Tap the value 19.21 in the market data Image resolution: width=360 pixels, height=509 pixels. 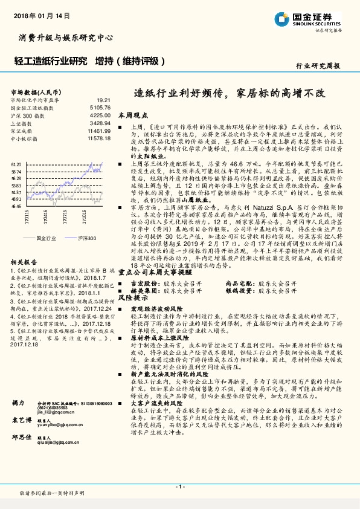tap(104, 100)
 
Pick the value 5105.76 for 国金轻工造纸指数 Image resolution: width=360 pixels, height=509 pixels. tap(100, 107)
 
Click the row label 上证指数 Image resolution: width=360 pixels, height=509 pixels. tap(22, 123)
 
